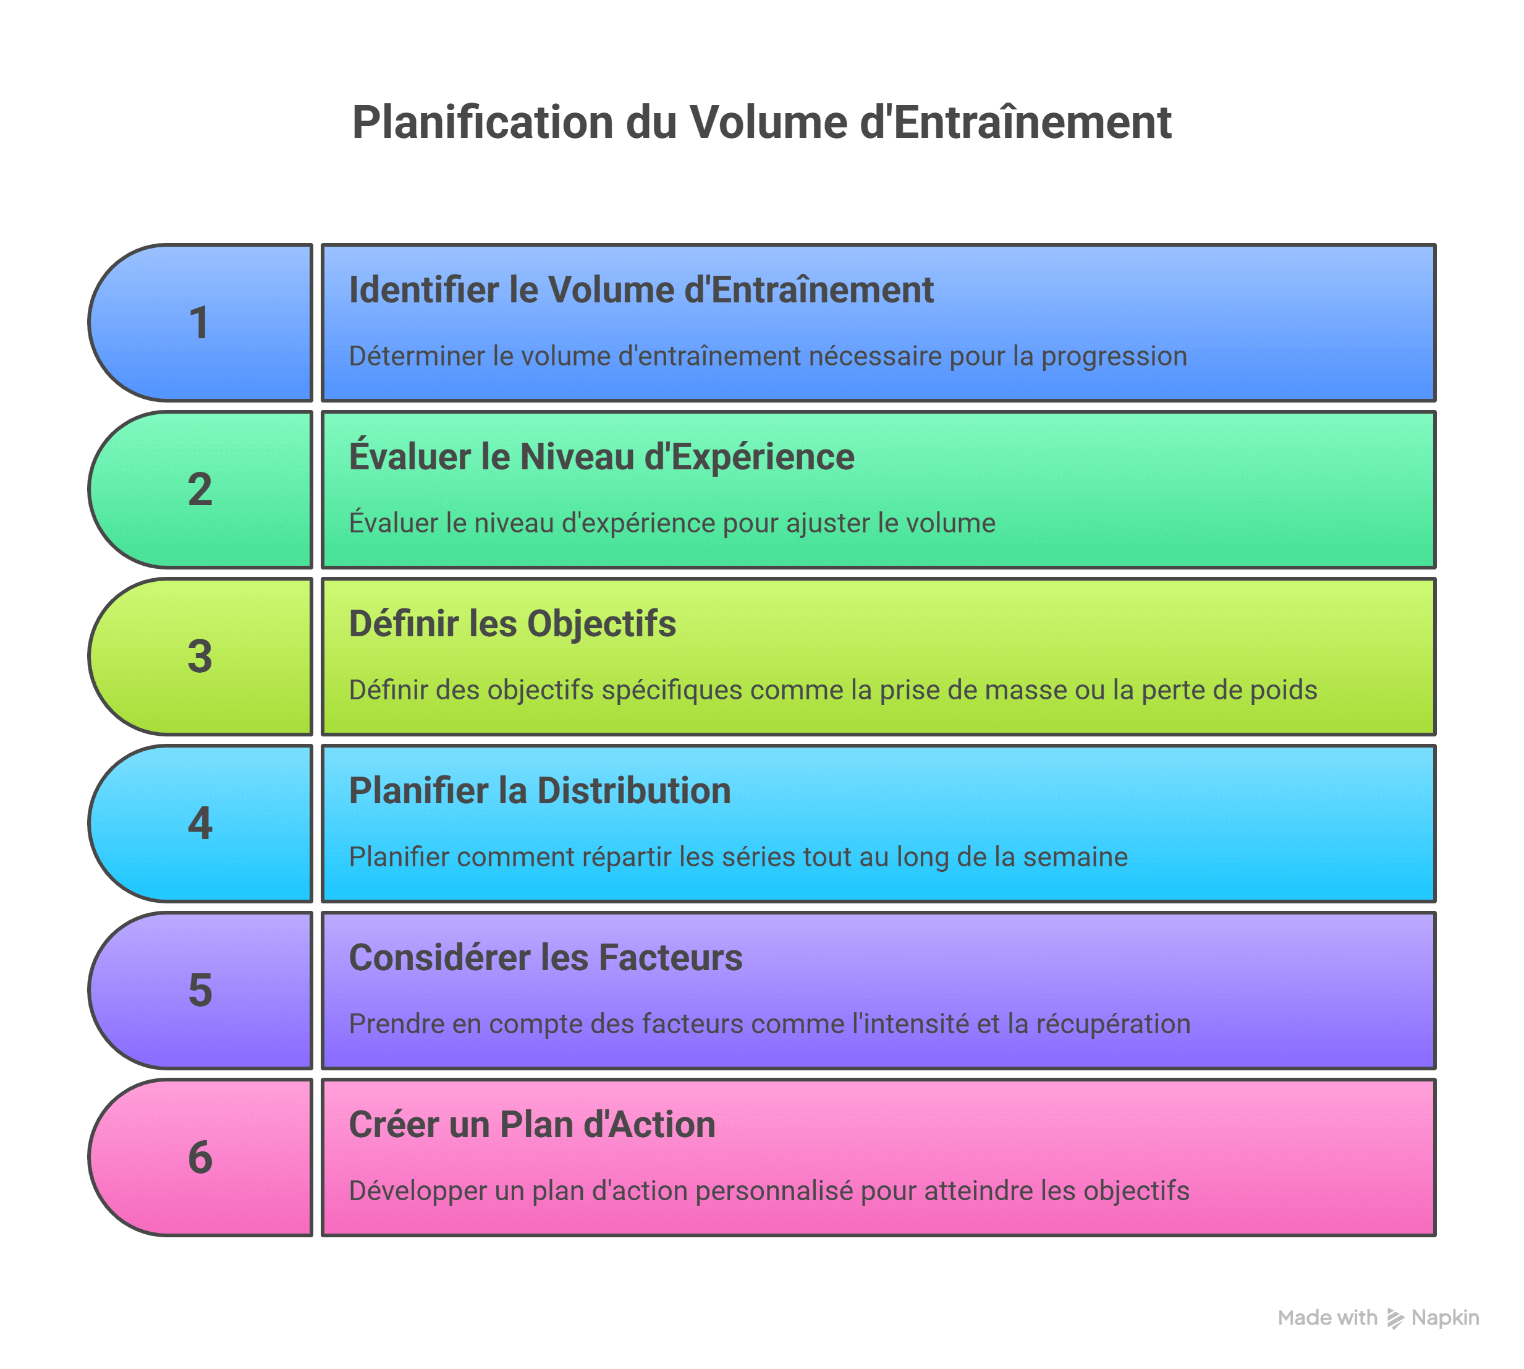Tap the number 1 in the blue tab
[x=198, y=323]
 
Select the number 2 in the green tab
[x=200, y=490]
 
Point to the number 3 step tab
[x=200, y=657]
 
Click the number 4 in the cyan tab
[x=200, y=823]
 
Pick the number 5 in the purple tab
[x=200, y=990]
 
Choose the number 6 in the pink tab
[x=200, y=1157]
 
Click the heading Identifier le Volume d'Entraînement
[x=641, y=291]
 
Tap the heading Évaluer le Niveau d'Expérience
[x=601, y=456]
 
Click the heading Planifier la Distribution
[x=540, y=791]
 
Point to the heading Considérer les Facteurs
[x=545, y=958]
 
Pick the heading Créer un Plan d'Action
[x=531, y=1125]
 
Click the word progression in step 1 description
[x=1114, y=357]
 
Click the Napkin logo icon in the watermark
[x=1395, y=1318]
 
